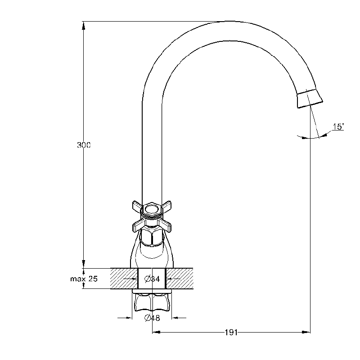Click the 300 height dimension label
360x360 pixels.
coord(84,145)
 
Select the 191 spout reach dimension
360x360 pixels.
coord(231,332)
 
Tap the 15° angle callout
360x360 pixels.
coord(338,126)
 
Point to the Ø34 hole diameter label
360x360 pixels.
coord(152,279)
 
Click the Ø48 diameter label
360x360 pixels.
coord(152,318)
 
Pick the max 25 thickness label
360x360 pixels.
coord(84,279)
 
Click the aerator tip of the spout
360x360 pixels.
coord(310,98)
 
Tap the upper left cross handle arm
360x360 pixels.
coord(138,206)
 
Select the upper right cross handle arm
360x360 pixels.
coord(166,206)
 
